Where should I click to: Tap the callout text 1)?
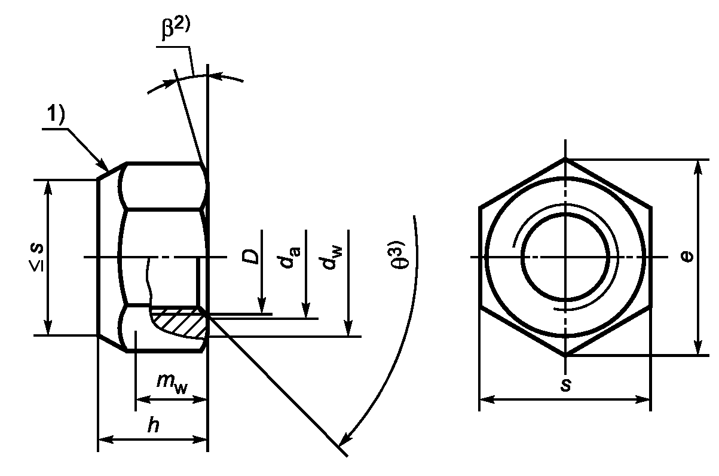tap(56, 115)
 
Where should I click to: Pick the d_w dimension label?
tap(333, 257)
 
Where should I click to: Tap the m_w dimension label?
tap(172, 383)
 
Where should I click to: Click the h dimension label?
tap(154, 425)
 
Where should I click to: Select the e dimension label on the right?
tap(687, 257)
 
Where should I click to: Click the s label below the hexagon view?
tap(565, 385)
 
